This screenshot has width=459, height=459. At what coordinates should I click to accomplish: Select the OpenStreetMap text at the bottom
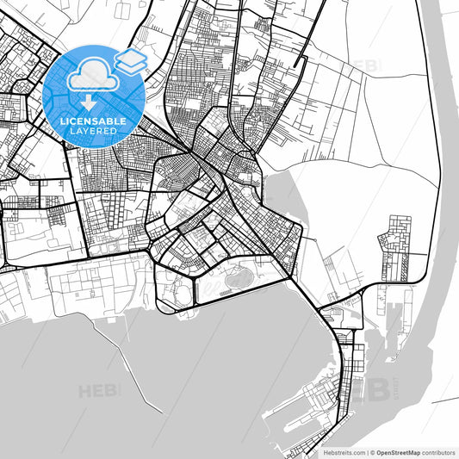[x=403, y=451]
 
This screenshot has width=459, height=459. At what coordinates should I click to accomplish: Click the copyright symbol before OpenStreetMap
[x=371, y=451]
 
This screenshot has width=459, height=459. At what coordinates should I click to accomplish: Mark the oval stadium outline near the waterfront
[x=235, y=277]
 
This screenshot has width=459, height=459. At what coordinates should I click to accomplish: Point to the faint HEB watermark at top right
[x=363, y=66]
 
